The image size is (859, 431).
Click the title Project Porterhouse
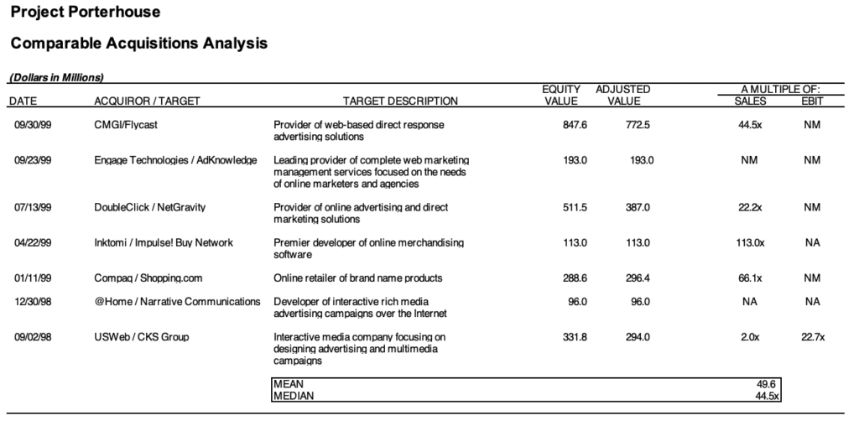coord(86,13)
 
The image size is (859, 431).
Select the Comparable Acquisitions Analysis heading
coord(139,43)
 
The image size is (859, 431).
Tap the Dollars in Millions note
coord(56,78)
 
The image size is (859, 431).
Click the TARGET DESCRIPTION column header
coord(401,101)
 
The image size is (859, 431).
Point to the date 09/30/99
coord(33,125)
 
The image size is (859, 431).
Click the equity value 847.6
coord(575,125)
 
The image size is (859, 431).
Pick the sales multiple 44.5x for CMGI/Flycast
coord(749,125)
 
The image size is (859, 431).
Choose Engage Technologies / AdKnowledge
coord(175,160)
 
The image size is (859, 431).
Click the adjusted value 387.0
coord(638,207)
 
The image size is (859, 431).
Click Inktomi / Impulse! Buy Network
coord(164,242)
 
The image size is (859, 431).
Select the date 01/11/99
coord(33,278)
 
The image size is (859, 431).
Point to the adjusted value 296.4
coord(638,278)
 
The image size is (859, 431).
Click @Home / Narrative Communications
coord(177,302)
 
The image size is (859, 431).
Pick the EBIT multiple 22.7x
coord(812,337)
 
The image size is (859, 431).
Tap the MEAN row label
coord(289,384)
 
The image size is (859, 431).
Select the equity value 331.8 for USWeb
coord(575,337)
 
